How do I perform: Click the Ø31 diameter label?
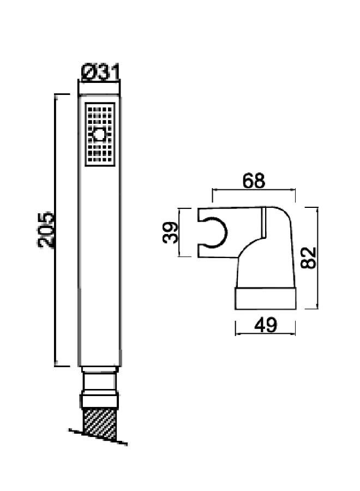click(100, 73)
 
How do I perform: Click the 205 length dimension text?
click(46, 230)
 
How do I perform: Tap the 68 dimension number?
click(254, 181)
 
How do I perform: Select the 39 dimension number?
click(170, 232)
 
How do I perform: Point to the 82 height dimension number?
click(308, 258)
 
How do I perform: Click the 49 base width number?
click(266, 325)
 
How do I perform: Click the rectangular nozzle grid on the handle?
click(100, 134)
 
